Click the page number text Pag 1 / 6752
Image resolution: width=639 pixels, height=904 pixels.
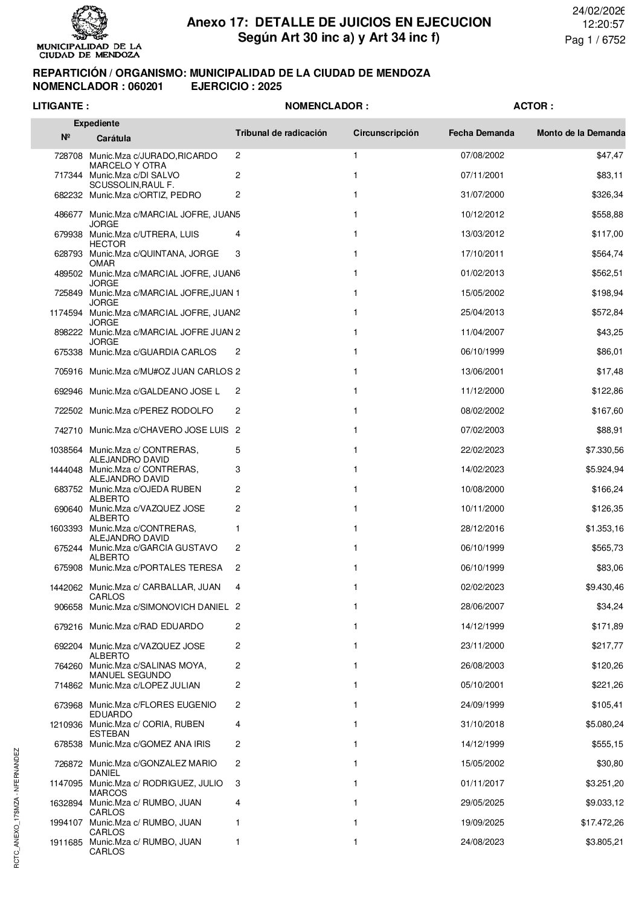[x=594, y=40]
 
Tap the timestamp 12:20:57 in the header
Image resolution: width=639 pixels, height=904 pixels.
[x=602, y=24]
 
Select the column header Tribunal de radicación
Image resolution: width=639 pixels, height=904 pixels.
[x=281, y=133]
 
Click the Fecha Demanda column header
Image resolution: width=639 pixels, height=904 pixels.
[x=481, y=133]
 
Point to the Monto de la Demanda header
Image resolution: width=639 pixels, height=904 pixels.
[x=580, y=133]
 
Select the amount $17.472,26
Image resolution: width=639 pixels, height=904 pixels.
[x=600, y=822]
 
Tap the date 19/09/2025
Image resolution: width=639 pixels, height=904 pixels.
[x=482, y=822]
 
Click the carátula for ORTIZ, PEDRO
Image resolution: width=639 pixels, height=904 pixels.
[x=145, y=195]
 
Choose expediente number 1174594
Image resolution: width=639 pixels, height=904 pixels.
[x=66, y=313]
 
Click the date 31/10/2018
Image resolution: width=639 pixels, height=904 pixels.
[x=482, y=724]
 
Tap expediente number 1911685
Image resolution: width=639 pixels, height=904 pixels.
[x=66, y=842]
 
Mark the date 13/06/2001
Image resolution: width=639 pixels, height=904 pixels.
[x=482, y=371]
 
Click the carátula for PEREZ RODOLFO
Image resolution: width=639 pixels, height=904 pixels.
[x=151, y=411]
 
